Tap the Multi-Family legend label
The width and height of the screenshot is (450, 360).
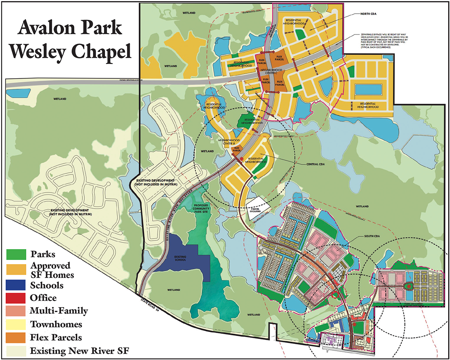pos(59,311)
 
